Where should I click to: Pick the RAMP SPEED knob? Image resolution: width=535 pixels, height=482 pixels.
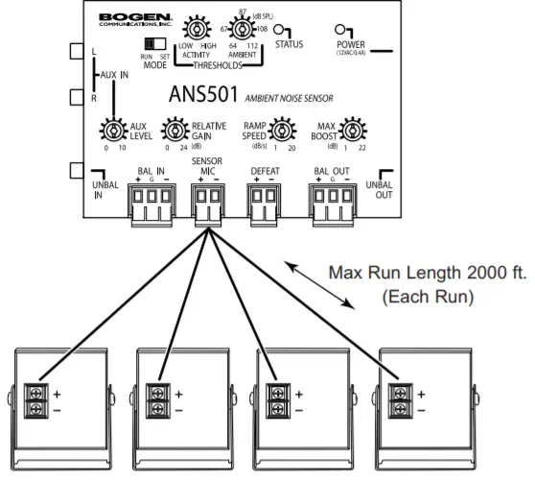click(x=281, y=131)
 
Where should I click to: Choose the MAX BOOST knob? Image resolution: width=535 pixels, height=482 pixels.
click(x=352, y=131)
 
